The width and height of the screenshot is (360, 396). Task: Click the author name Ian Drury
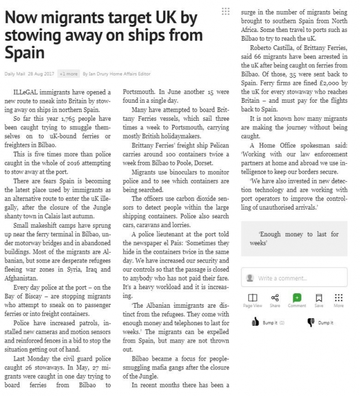click(99, 74)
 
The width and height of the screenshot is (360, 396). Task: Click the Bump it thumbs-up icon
click(255, 321)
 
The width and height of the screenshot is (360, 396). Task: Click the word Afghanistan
click(27, 261)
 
